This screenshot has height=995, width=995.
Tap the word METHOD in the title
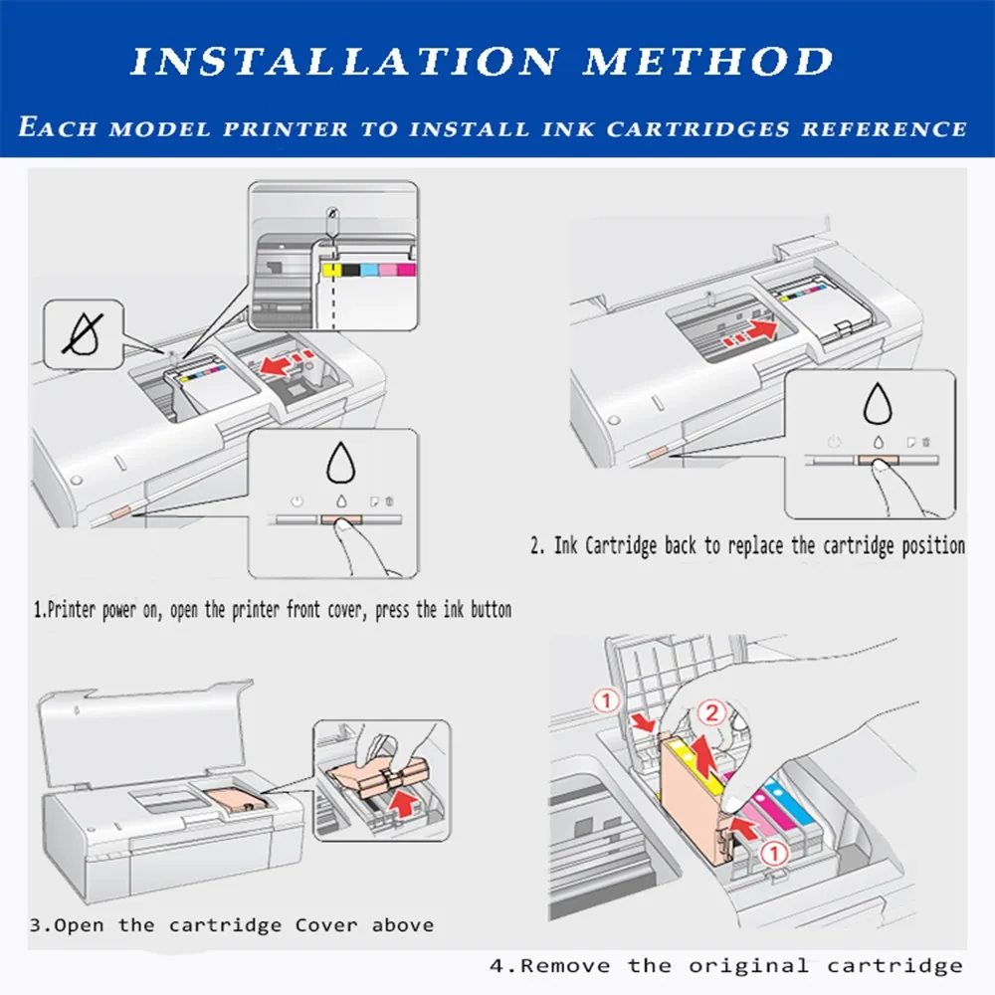707,62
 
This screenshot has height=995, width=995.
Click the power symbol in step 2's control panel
834,442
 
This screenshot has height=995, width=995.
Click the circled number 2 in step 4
711,712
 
